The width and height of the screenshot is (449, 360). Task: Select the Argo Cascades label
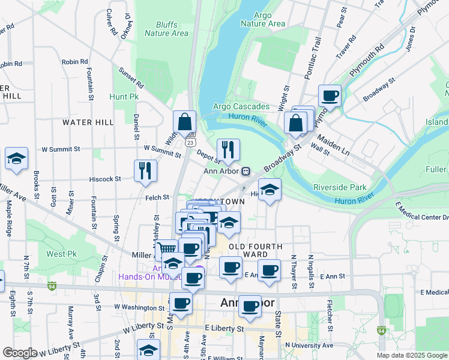click(x=241, y=107)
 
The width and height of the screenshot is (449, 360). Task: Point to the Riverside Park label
click(x=340, y=188)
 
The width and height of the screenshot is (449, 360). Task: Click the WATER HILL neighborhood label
click(x=88, y=122)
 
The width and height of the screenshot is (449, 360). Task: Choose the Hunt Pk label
click(x=124, y=96)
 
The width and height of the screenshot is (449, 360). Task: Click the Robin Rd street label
click(x=75, y=62)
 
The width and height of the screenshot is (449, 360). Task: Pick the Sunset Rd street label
click(x=131, y=77)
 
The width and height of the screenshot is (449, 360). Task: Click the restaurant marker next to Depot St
click(x=228, y=150)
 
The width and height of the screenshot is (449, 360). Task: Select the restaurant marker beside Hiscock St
click(x=145, y=170)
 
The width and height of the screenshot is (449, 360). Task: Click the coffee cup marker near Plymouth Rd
click(x=330, y=95)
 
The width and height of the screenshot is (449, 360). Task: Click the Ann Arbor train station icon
click(x=246, y=172)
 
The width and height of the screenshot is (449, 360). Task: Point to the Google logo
click(x=20, y=353)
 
